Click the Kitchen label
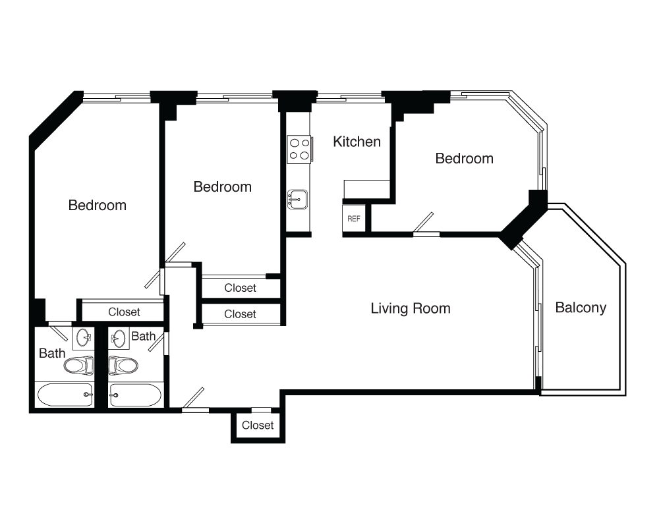coord(357,142)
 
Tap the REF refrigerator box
coord(354,219)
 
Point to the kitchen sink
coord(298,199)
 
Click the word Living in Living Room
coord(389,308)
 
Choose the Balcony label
coord(581,308)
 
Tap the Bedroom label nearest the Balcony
coord(465,159)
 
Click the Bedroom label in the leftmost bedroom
coord(98,205)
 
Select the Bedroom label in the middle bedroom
coord(223,186)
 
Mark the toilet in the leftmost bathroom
coord(79,365)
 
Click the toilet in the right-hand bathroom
coord(123,365)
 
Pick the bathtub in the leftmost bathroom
coord(65,395)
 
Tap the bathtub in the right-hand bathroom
coord(135,395)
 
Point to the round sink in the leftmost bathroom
coord(83,338)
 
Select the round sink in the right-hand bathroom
coord(119,338)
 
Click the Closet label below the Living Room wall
coord(258,426)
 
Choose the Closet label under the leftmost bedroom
coord(124,312)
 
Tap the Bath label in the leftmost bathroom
coord(52,353)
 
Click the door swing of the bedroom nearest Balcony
coord(423,222)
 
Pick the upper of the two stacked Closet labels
coord(240,288)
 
